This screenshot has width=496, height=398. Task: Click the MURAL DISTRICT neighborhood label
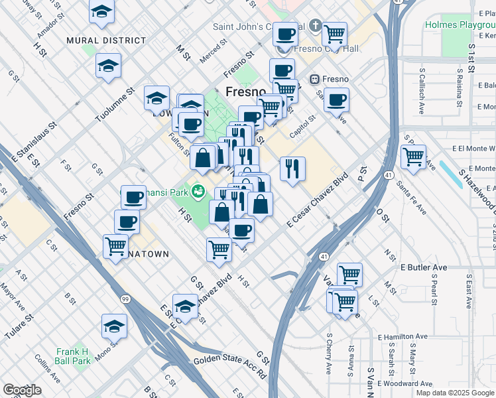[x=106, y=40]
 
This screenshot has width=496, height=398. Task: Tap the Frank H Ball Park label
[x=72, y=356]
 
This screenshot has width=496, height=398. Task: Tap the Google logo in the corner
[x=22, y=390]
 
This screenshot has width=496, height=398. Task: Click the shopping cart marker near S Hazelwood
[x=413, y=157]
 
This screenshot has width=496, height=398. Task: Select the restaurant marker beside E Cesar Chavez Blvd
[x=292, y=168]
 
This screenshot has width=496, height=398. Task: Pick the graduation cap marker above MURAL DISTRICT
[x=101, y=11]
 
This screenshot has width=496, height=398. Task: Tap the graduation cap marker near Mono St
[x=114, y=326]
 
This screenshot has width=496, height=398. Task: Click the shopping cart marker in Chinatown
[x=116, y=245]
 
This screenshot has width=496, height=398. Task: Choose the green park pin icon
[x=198, y=193]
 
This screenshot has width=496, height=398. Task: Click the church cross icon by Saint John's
[x=316, y=27]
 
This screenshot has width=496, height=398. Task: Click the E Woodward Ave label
[x=404, y=383]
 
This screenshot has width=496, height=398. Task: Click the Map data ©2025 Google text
[x=455, y=392]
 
